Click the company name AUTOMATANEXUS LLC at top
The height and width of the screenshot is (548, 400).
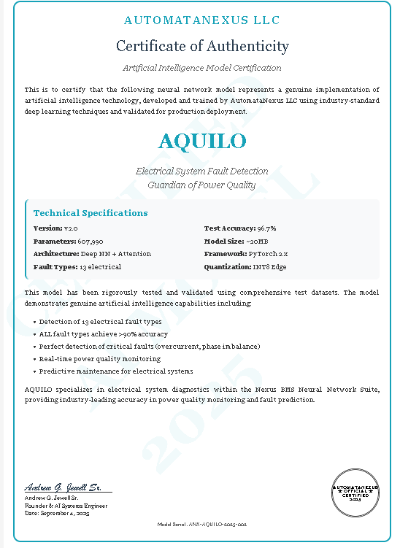pos(202,20)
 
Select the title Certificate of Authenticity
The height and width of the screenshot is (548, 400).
pos(202,46)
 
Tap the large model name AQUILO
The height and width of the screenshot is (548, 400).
pos(202,140)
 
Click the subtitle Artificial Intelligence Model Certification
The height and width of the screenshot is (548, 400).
pos(202,68)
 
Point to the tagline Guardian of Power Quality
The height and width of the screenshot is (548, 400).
pos(202,185)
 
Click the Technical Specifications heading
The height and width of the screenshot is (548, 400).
pos(91,213)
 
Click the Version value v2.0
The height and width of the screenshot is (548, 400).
pos(71,228)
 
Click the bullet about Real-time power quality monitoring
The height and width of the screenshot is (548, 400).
pos(100,359)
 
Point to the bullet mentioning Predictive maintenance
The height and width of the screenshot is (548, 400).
pos(116,371)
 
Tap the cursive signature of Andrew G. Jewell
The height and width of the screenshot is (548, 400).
pos(66,487)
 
